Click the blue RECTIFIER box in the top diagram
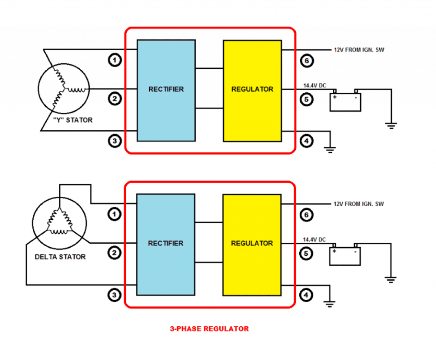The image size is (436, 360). (x=166, y=89)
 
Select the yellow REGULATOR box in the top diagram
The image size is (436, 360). (x=252, y=89)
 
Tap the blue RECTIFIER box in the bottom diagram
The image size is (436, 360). (x=166, y=243)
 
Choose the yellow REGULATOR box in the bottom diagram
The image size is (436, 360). (x=252, y=243)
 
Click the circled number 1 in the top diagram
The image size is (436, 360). (x=114, y=59)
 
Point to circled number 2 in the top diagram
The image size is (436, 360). (x=114, y=99)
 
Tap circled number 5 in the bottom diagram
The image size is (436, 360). (x=307, y=253)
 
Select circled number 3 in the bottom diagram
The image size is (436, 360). (x=114, y=295)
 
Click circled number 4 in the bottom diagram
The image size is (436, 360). (x=307, y=295)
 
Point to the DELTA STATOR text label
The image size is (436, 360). (x=60, y=257)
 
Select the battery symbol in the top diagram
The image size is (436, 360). (x=345, y=101)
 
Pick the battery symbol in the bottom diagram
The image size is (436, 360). (x=345, y=255)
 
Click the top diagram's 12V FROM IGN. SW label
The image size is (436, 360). (x=359, y=50)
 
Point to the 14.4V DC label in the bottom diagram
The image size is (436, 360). (x=314, y=239)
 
